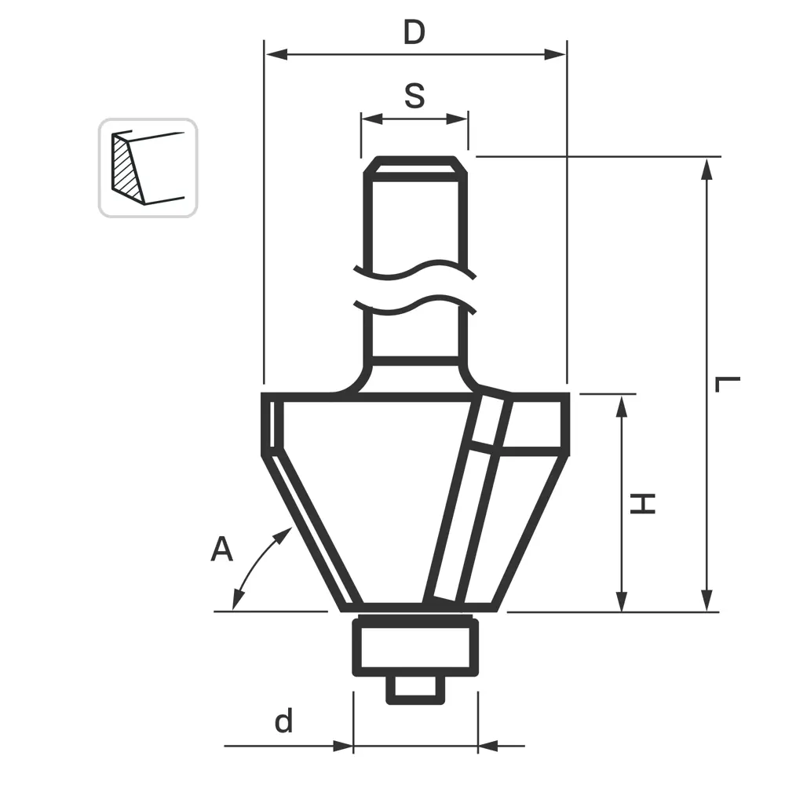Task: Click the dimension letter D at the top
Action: click(414, 33)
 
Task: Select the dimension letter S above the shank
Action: click(414, 96)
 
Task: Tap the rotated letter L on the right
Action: click(728, 385)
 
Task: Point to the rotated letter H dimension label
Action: click(644, 503)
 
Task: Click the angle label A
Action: click(222, 549)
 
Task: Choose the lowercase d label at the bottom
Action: click(283, 721)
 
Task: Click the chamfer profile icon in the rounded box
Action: click(148, 167)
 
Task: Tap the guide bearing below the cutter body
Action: click(415, 645)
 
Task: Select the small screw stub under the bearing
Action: click(414, 688)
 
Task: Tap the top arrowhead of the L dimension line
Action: click(707, 166)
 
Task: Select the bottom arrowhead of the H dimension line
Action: click(622, 602)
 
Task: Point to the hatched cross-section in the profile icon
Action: click(124, 167)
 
